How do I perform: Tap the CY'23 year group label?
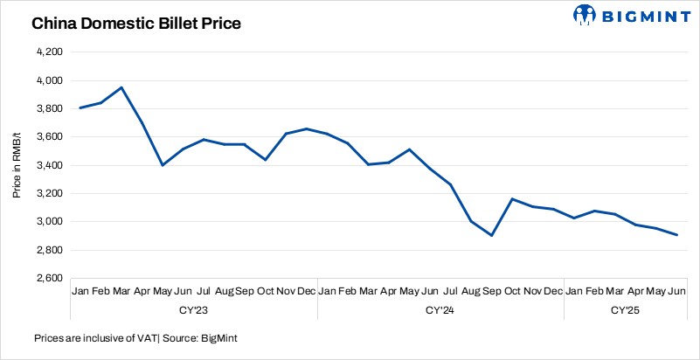tap(193, 309)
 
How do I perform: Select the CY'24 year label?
tap(440, 309)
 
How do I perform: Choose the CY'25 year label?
tap(626, 309)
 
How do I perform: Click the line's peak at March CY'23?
tap(121, 87)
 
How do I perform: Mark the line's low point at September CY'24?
tap(492, 235)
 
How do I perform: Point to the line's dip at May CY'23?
tap(163, 165)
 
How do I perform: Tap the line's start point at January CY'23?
tap(80, 107)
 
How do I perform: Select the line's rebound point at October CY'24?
tap(512, 199)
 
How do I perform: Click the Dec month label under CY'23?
tap(307, 291)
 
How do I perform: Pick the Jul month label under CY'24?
tap(451, 291)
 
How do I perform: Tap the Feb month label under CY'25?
tap(595, 291)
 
